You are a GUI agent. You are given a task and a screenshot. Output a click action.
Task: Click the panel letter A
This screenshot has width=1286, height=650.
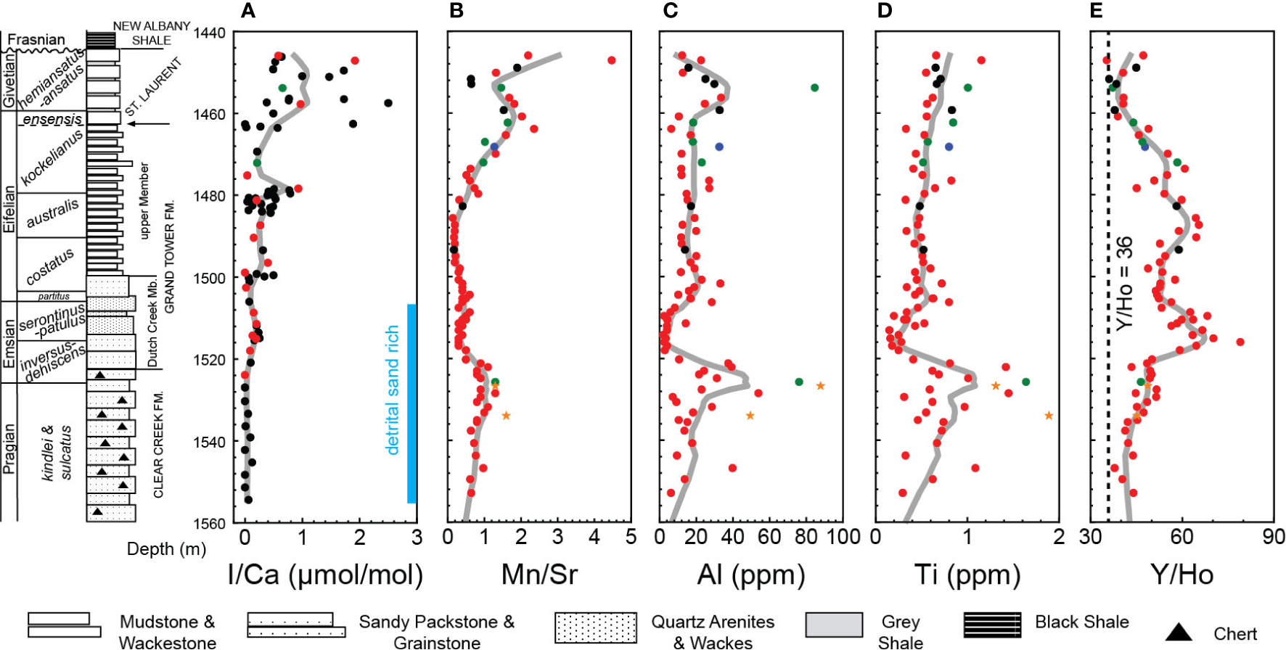pos(248,10)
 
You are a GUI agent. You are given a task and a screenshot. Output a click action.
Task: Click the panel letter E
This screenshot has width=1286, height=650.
pos(1096,10)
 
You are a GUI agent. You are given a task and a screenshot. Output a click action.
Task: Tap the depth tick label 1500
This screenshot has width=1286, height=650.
pos(209,278)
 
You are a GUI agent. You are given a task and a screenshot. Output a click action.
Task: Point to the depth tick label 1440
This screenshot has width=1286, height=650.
pos(209,33)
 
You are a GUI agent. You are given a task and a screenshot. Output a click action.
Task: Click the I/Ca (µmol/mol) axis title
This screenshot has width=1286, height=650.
pos(325,575)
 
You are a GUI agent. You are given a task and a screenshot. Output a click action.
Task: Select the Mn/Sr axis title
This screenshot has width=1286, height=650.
pos(539,575)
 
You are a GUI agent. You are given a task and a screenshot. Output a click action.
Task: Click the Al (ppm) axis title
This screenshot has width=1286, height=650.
pos(751,575)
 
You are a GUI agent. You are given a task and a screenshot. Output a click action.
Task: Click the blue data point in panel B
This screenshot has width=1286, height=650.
pos(494,147)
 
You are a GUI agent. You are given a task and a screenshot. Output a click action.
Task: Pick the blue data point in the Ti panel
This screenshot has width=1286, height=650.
pos(949,147)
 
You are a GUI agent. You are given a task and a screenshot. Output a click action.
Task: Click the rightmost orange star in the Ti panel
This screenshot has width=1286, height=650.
pos(1049,416)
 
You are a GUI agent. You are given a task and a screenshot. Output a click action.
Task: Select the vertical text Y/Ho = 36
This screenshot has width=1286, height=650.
pos(1124,283)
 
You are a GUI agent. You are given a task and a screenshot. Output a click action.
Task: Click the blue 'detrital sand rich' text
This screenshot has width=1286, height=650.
pos(393,390)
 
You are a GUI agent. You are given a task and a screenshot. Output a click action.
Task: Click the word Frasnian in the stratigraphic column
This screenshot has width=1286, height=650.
pos(36,40)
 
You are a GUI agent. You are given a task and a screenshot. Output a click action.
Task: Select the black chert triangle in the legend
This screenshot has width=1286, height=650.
pos(1179,632)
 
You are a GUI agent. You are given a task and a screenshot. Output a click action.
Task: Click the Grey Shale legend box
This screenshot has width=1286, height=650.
pos(834,625)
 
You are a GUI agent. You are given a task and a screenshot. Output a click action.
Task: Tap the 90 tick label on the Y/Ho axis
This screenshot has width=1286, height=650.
pos(1273,538)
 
